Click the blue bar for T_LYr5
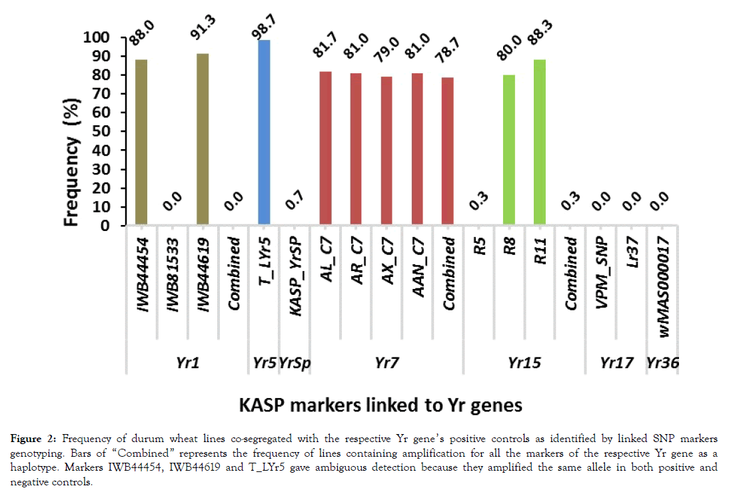coord(264,133)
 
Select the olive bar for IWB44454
coord(141,142)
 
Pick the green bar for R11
coord(539,142)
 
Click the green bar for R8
coord(509,150)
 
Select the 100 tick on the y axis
coord(97,38)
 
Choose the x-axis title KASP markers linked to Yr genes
coord(391,405)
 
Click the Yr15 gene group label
coord(524,363)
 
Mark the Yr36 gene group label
coord(662,363)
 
